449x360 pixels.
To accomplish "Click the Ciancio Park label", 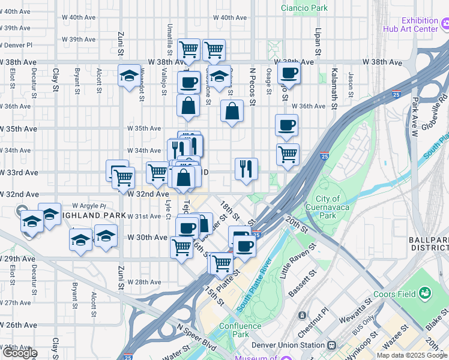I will pos(304,8).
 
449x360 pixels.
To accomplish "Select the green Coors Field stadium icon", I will pos(425,293).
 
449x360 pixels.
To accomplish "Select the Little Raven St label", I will pos(298,261).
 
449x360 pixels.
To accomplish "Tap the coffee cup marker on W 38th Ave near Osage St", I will pos(289,73).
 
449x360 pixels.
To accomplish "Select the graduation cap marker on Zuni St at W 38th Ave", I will pos(129,76).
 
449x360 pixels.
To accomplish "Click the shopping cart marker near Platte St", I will pos(222,262).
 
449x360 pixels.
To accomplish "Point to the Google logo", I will pos(19,353).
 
